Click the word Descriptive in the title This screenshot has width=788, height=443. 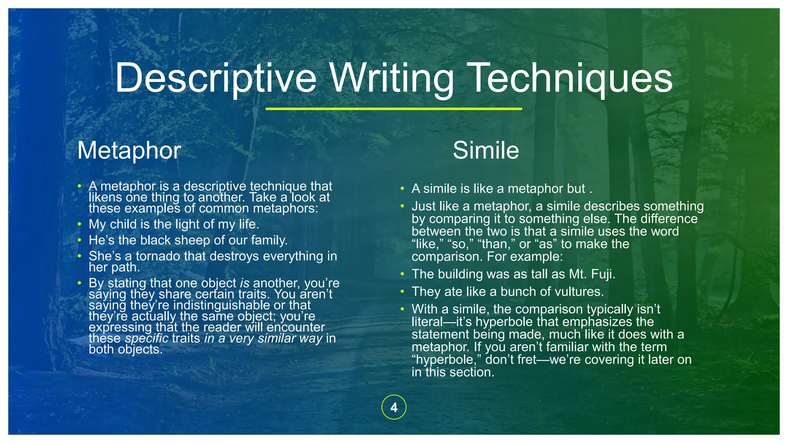point(215,79)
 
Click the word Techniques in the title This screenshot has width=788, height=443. point(571,79)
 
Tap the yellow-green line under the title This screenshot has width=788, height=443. point(394,109)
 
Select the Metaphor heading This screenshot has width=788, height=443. point(129,150)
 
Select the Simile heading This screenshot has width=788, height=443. point(486,150)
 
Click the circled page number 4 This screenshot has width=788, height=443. point(394,407)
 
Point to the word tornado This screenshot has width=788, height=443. point(158,256)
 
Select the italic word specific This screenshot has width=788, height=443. point(147,338)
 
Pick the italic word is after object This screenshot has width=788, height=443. point(245,283)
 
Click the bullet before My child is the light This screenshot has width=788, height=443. point(79,224)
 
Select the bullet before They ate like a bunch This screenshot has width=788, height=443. point(402,291)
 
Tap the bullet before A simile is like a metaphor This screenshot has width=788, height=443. point(402,189)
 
